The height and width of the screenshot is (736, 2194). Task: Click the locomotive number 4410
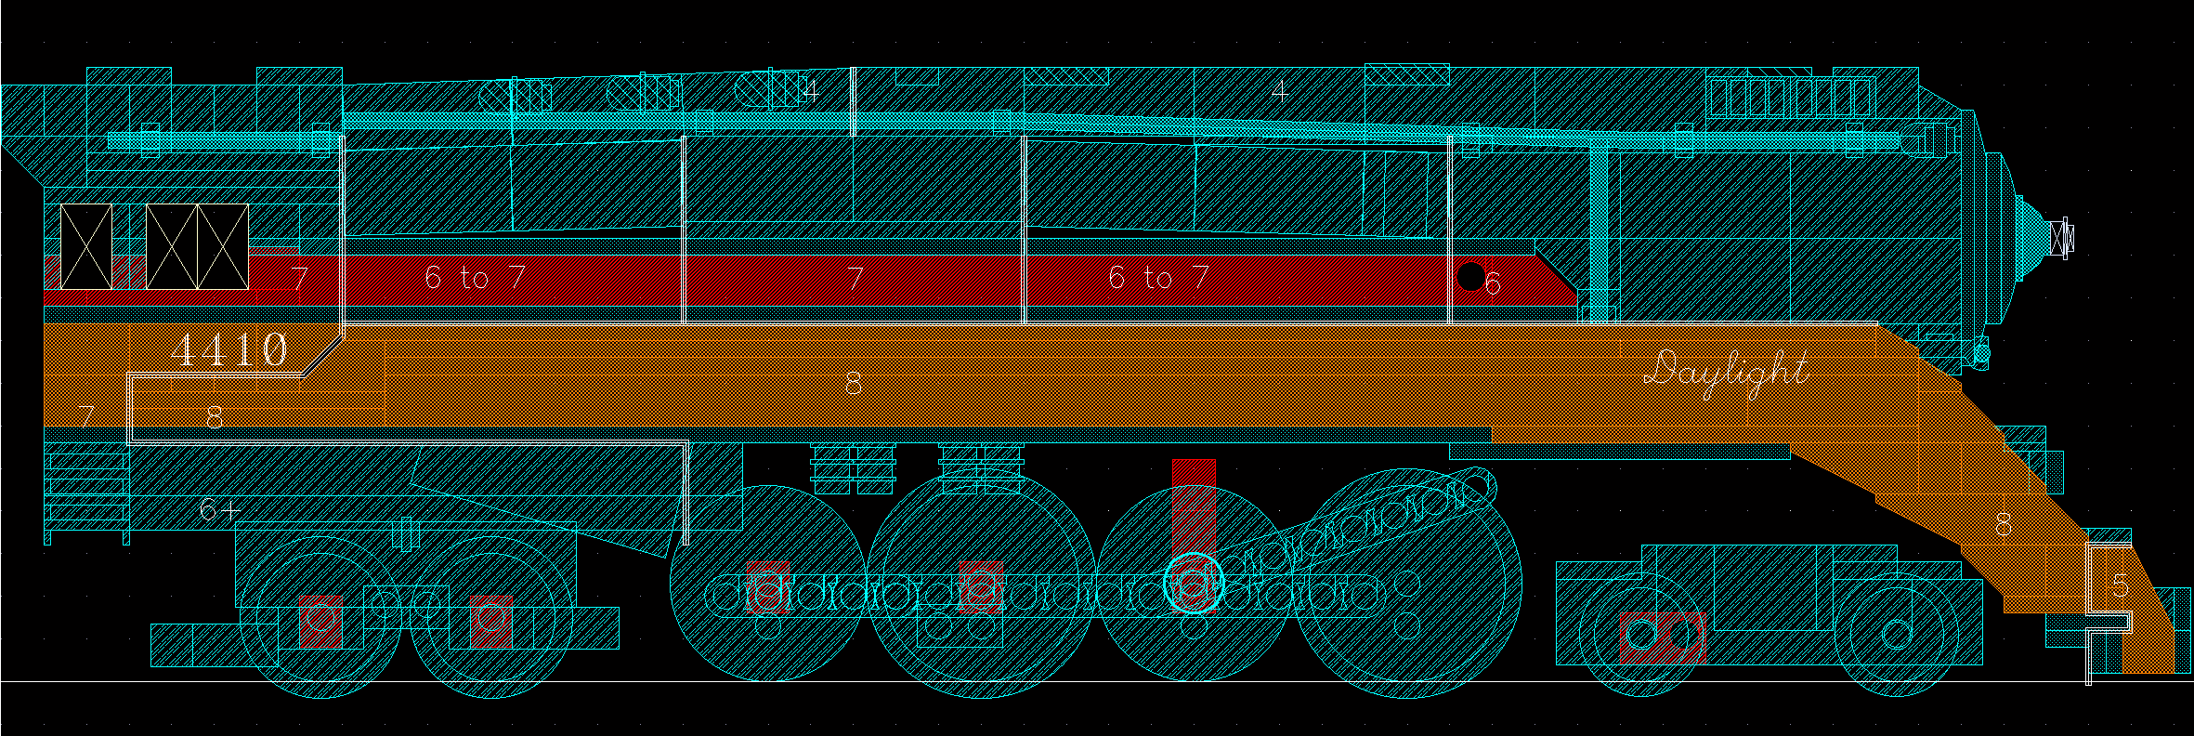point(229,350)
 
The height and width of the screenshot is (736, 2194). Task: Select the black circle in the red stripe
point(1470,276)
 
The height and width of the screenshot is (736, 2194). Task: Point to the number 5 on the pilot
point(2120,585)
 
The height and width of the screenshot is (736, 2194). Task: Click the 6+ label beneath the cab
point(219,509)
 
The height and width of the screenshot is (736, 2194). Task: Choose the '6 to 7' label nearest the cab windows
point(475,277)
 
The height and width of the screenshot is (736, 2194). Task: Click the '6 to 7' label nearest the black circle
point(1158,277)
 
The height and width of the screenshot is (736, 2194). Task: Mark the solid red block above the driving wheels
point(1194,471)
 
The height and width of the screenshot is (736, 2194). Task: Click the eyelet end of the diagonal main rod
point(1475,485)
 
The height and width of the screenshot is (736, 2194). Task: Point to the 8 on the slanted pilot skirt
point(2004,526)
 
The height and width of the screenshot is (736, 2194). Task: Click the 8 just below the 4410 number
point(215,417)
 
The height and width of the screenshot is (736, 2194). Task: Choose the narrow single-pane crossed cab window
point(85,247)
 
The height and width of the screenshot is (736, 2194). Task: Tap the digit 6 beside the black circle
point(1493,283)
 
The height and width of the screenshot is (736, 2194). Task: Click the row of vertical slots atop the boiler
point(1791,97)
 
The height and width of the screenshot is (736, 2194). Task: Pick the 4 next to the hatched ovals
point(810,91)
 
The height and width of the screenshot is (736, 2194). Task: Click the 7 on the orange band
point(86,416)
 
